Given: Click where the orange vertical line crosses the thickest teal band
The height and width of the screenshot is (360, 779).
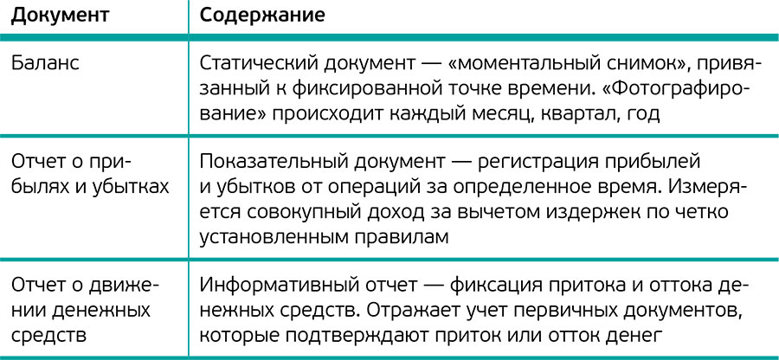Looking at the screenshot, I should (x=190, y=36).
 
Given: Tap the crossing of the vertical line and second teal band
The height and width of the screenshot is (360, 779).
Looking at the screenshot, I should (x=190, y=135).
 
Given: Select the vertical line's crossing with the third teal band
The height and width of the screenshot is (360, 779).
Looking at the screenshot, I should (x=190, y=260).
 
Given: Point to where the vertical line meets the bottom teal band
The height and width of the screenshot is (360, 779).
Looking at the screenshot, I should (x=190, y=355).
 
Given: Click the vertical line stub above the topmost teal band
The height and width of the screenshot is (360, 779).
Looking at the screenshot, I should (x=190, y=13).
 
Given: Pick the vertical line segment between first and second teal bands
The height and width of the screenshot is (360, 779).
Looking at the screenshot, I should (x=190, y=87).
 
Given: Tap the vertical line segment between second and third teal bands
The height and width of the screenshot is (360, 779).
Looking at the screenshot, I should (x=190, y=197).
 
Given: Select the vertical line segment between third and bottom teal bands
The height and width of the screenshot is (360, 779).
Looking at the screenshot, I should (x=190, y=307).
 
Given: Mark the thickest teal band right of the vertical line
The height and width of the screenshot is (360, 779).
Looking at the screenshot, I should (x=485, y=36).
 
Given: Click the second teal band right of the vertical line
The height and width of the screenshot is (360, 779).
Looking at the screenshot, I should (x=485, y=135).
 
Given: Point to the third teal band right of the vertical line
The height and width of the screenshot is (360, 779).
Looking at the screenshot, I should (x=485, y=260).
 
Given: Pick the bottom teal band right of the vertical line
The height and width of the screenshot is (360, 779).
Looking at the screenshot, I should (x=485, y=356).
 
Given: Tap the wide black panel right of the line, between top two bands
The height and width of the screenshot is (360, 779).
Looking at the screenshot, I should (x=485, y=87).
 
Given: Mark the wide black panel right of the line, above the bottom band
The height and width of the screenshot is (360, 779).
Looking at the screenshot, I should (x=485, y=307).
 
